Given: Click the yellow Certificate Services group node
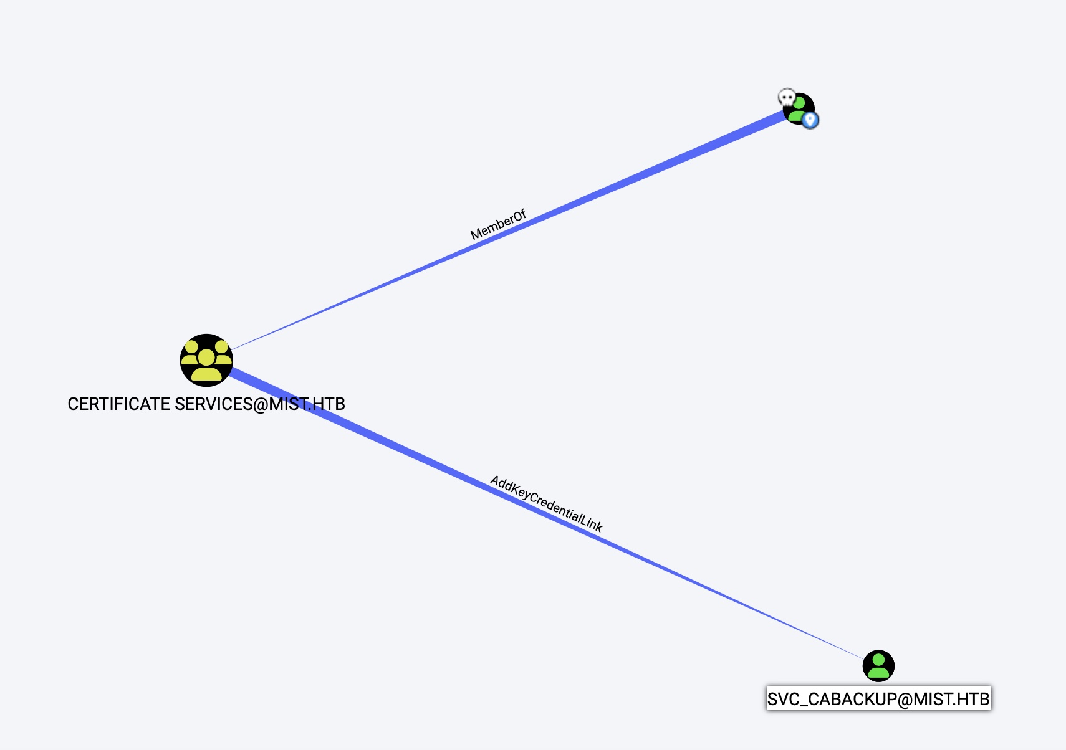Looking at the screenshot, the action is (206, 360).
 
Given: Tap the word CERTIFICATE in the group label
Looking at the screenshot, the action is (118, 404).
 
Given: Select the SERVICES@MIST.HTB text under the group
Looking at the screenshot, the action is (259, 404).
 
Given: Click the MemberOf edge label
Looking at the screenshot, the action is (498, 225).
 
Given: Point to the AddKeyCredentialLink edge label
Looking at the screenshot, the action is (546, 504).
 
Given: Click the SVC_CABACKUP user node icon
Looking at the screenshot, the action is (878, 666).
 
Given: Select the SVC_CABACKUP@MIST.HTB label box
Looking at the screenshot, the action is (878, 699).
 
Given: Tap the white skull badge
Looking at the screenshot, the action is (787, 98).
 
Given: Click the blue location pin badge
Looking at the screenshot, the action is (810, 120).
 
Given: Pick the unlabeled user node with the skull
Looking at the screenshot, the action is (799, 109).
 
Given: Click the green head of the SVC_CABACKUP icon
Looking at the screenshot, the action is (878, 659).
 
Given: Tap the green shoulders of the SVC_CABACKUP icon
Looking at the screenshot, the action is (878, 673).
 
